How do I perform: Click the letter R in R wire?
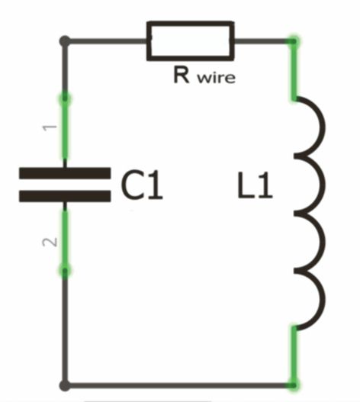click(182, 75)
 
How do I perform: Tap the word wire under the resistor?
click(216, 78)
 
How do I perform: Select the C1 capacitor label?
click(142, 185)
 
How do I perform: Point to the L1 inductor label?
click(255, 185)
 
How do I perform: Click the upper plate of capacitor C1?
click(65, 173)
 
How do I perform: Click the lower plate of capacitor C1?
click(65, 196)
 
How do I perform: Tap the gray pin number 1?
click(50, 127)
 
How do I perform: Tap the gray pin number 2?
click(50, 242)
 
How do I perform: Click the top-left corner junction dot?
click(65, 41)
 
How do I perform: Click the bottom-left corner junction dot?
click(65, 385)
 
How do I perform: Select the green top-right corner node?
click(294, 41)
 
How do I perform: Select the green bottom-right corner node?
click(294, 385)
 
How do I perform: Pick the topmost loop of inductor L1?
click(323, 127)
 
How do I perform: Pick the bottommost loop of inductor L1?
click(323, 300)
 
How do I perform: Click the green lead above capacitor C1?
click(65, 127)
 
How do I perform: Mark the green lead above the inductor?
click(294, 69)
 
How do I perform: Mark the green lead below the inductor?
click(294, 356)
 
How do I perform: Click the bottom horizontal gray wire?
click(179, 385)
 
